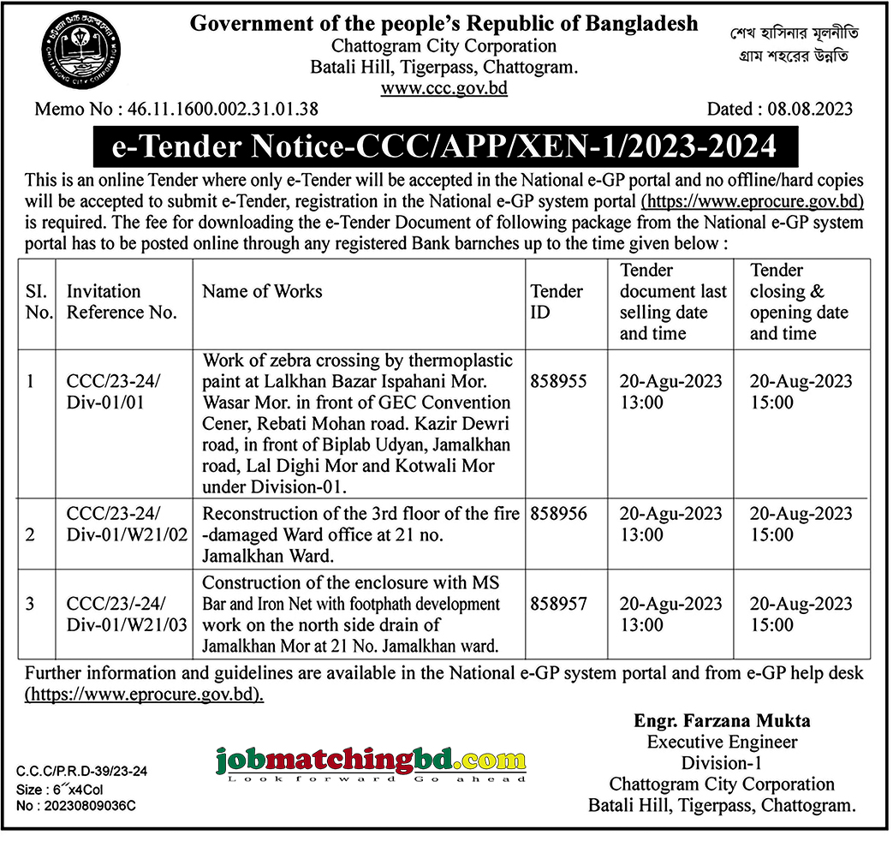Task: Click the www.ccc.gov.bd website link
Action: click(x=444, y=88)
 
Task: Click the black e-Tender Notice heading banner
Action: click(x=445, y=146)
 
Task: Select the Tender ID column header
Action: click(x=557, y=301)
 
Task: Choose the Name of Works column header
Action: click(x=262, y=291)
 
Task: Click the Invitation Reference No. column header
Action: click(x=122, y=301)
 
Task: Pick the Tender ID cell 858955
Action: click(x=558, y=382)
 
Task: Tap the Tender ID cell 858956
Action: click(x=558, y=514)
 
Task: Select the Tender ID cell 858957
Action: click(x=558, y=604)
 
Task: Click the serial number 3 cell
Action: click(x=31, y=604)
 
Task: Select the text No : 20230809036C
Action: click(x=76, y=806)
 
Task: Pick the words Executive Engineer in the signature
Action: click(x=722, y=742)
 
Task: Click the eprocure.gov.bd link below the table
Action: click(x=145, y=695)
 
